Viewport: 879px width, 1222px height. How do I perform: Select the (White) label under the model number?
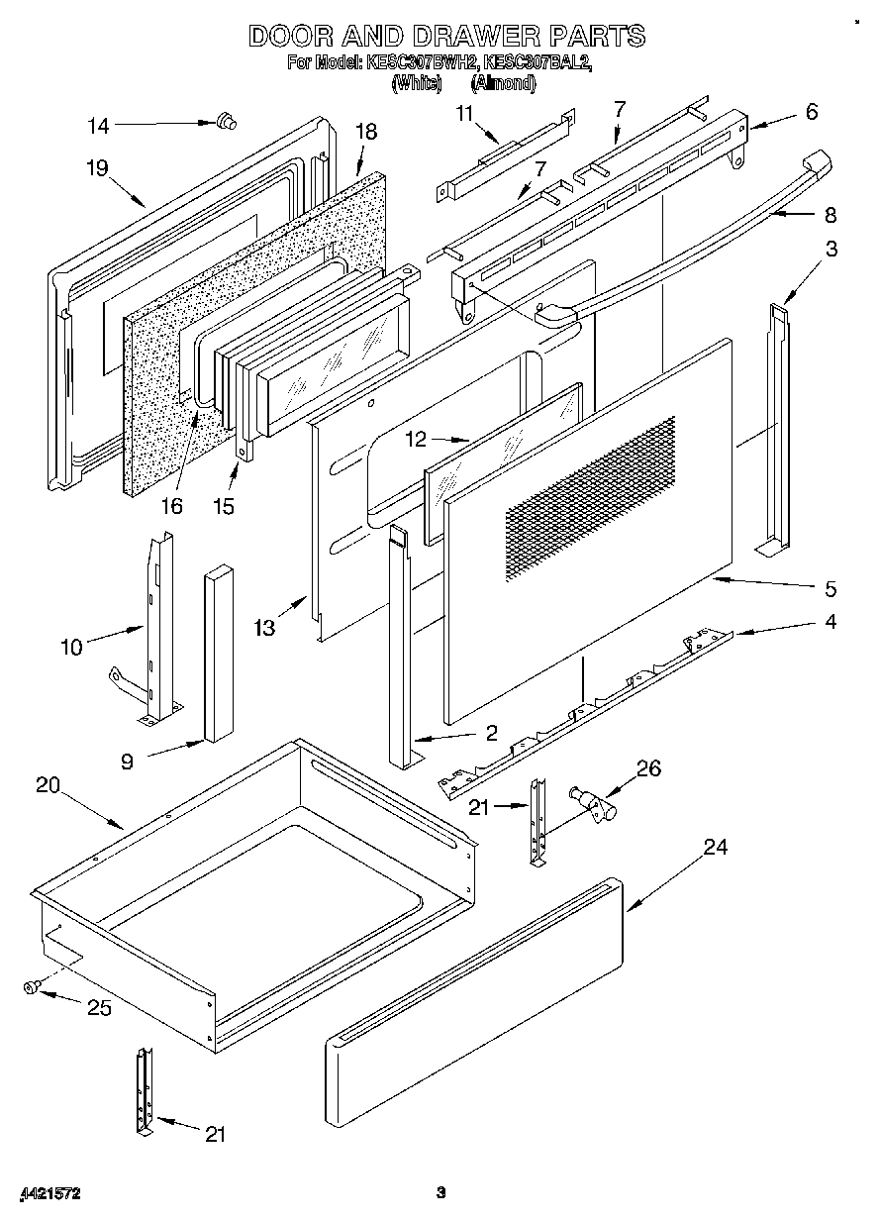point(417,84)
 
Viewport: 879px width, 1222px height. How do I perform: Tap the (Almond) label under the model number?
point(504,84)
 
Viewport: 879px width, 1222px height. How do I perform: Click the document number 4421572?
point(49,1194)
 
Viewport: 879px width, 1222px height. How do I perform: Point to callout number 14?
point(98,125)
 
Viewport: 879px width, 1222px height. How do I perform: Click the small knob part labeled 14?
point(227,121)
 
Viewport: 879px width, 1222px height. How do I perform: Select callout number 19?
point(96,168)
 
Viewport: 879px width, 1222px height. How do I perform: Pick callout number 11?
point(465,113)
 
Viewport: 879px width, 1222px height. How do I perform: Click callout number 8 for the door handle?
point(830,214)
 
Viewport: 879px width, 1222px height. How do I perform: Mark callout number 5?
point(830,589)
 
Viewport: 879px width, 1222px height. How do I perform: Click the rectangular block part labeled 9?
point(218,654)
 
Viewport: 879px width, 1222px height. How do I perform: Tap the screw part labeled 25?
point(32,986)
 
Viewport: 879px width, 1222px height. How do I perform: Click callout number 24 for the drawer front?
point(715,847)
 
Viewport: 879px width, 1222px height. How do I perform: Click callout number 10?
point(71,648)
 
